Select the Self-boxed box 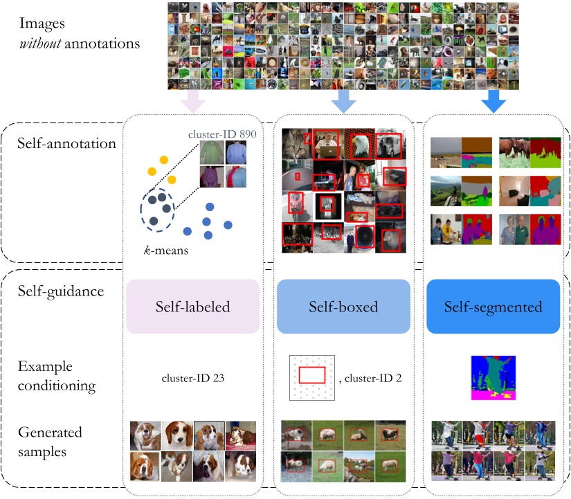[344, 307]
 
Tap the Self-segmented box [492, 307]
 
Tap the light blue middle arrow [343, 102]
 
